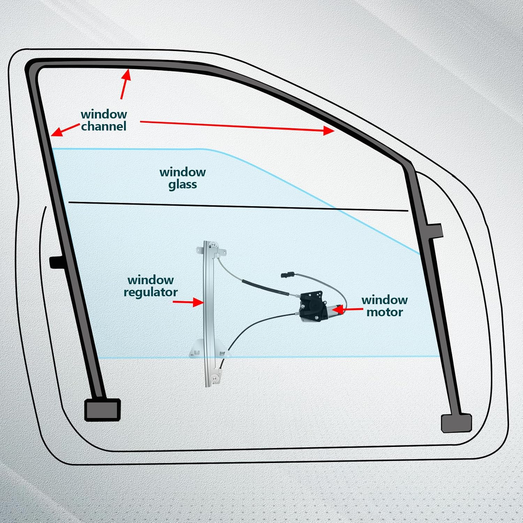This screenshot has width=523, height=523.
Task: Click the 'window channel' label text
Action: click(x=104, y=120)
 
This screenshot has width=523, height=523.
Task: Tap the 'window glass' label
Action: click(x=182, y=178)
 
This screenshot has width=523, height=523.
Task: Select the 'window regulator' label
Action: click(x=151, y=286)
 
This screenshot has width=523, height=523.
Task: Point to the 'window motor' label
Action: click(x=384, y=306)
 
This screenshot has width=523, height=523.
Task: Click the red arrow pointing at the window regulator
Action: click(x=188, y=302)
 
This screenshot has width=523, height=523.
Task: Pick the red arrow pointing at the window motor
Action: click(x=349, y=309)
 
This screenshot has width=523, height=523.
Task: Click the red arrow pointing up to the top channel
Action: click(x=125, y=84)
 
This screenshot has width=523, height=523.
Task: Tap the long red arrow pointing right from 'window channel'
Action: click(x=237, y=126)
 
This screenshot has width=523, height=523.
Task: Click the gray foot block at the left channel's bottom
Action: click(x=103, y=409)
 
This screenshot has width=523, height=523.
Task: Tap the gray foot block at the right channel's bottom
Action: click(x=456, y=423)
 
